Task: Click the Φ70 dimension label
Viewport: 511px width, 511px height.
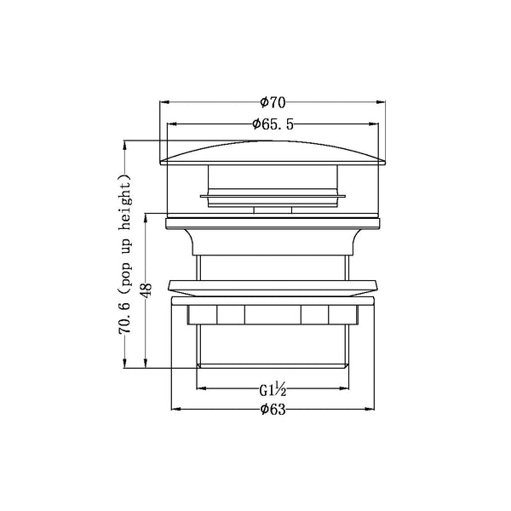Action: click(272, 102)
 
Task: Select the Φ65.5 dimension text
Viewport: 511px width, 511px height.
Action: click(273, 124)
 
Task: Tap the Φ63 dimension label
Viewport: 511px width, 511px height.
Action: click(273, 408)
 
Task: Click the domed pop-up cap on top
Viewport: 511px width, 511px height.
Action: click(273, 153)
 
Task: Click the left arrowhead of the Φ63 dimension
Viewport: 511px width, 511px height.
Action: click(177, 410)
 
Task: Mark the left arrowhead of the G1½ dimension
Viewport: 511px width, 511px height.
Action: click(202, 392)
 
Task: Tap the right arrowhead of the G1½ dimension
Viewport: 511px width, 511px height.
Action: click(344, 392)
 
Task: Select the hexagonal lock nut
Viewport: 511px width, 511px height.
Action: click(273, 313)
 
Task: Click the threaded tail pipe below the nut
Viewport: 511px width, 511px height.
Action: click(273, 345)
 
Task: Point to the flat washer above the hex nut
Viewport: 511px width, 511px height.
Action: click(273, 287)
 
